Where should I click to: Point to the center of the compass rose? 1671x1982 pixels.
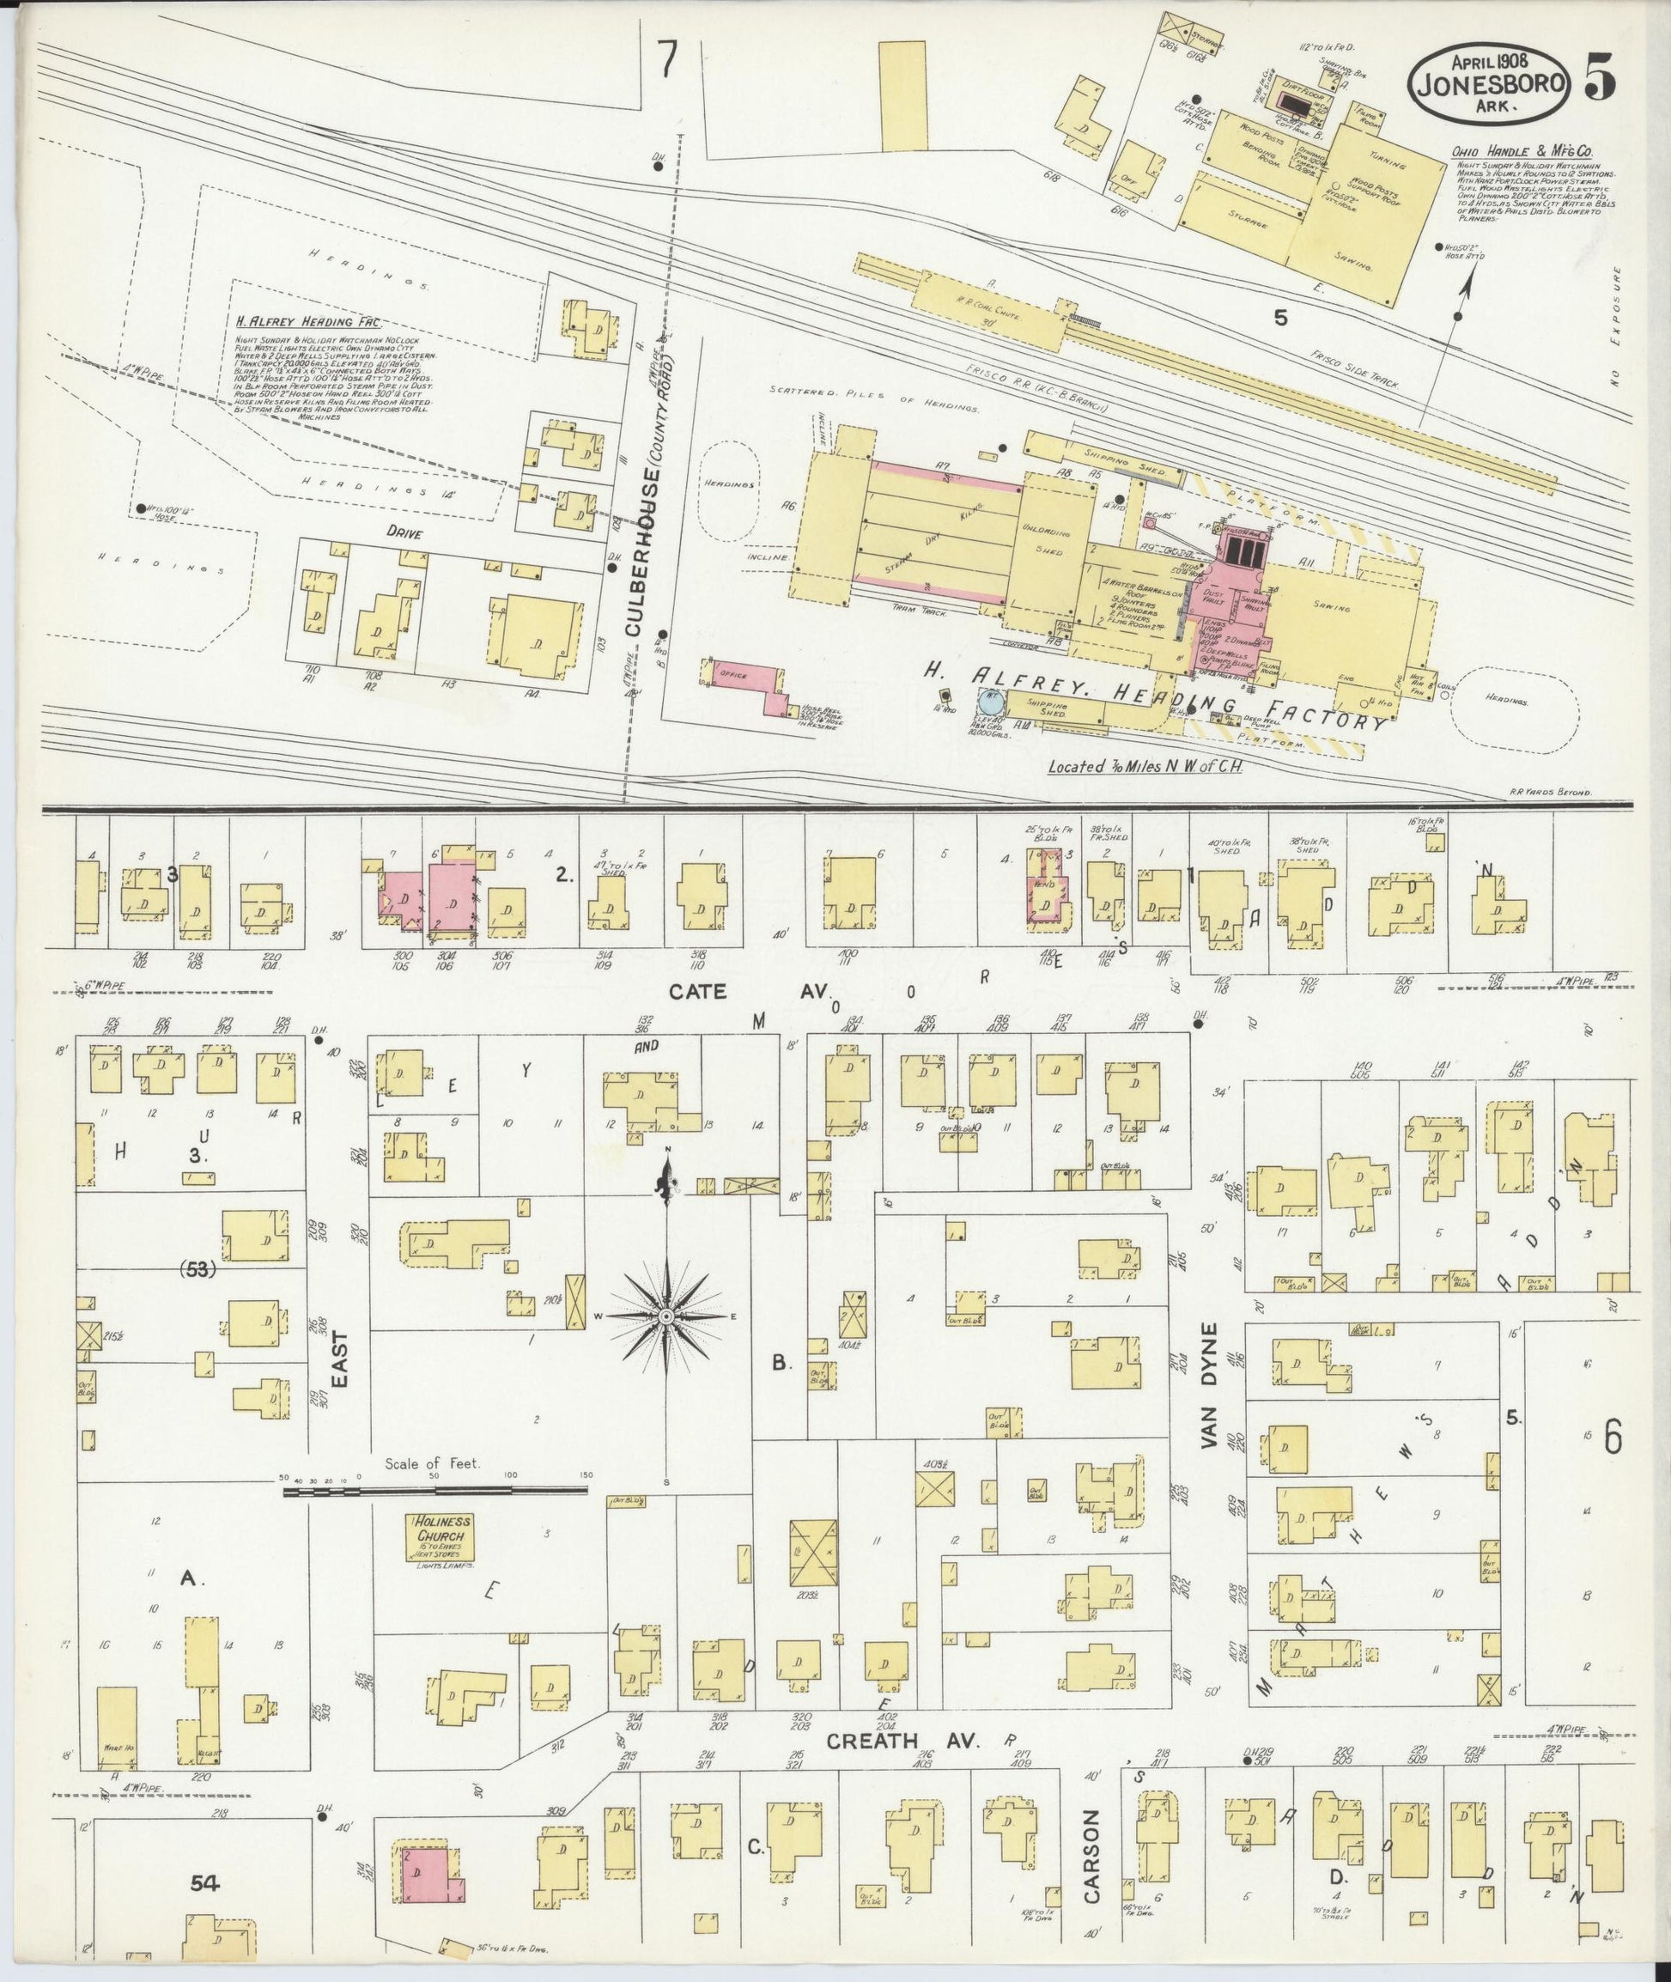667,1318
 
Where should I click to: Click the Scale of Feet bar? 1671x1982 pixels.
435,1493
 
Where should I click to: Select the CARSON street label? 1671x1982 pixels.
1092,1844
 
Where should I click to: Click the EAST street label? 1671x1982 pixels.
340,1362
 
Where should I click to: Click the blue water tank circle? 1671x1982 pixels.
989,704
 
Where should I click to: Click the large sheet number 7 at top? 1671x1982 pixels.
668,62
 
